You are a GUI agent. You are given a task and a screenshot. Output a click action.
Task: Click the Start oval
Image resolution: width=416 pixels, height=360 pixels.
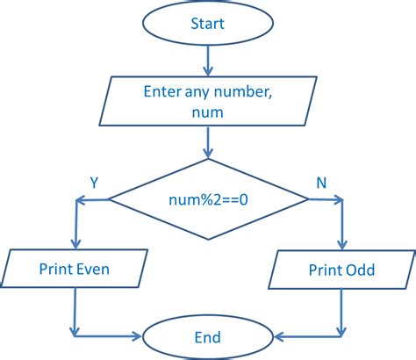click(x=208, y=24)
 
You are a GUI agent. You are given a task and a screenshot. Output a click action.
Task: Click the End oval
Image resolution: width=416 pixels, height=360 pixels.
click(x=208, y=337)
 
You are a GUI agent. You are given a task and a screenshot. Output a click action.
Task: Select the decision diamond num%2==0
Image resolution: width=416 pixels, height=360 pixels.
click(x=208, y=200)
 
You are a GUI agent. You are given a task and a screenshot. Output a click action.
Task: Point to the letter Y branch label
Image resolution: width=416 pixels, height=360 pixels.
click(x=94, y=182)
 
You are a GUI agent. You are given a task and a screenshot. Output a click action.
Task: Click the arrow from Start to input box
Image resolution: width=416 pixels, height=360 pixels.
click(x=208, y=59)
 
